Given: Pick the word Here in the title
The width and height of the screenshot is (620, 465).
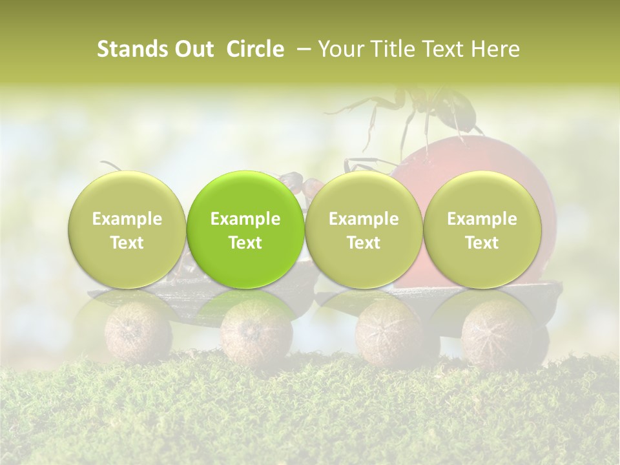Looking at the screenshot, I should point(495,49).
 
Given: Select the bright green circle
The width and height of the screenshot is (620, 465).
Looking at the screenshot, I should point(245,229).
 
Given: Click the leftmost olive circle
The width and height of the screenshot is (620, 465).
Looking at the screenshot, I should point(127,229).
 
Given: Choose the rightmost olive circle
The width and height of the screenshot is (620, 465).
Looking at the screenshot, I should point(482,229).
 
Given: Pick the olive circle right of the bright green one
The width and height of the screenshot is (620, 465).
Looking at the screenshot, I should point(364,229).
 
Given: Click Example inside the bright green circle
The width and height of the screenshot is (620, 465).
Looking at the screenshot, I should point(245,219).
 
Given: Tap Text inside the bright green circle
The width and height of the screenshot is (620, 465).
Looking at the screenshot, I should point(245,243).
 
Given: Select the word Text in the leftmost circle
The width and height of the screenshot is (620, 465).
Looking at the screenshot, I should point(127,243).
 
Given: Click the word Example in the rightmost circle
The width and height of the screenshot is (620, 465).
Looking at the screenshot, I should point(482,219).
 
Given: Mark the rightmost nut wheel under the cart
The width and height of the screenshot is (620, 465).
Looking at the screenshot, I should point(496,333).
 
